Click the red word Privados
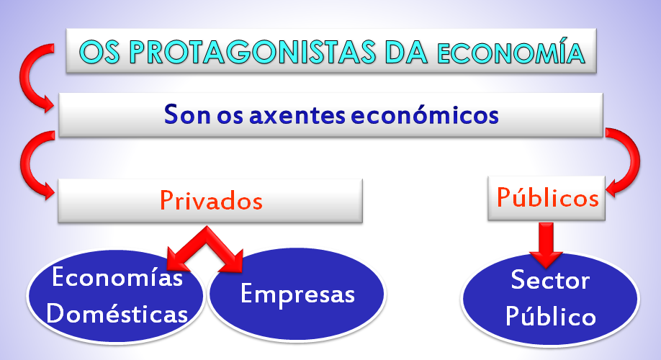click(x=211, y=200)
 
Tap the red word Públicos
click(x=548, y=197)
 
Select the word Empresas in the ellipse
click(x=297, y=294)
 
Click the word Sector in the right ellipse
click(x=550, y=280)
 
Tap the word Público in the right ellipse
click(x=551, y=316)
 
